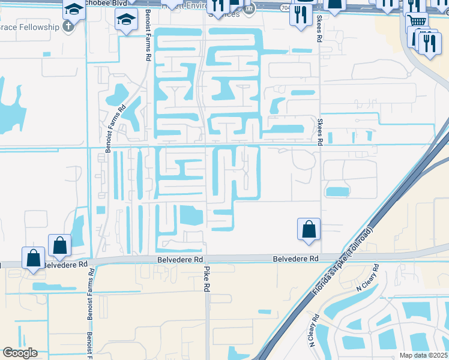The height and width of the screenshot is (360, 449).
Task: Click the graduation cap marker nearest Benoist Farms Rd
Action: (x=125, y=20)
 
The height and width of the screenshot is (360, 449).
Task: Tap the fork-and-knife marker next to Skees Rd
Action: (x=301, y=14)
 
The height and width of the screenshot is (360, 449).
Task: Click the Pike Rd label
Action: (x=206, y=280)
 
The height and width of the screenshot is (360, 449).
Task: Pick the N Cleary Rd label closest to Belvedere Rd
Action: (x=366, y=277)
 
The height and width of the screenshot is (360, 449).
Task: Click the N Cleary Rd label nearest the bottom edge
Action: (x=314, y=329)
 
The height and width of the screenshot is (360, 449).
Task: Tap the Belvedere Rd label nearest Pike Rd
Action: (x=178, y=259)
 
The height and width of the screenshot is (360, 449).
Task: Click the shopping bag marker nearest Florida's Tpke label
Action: (x=309, y=229)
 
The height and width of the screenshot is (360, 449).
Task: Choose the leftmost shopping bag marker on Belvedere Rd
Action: (x=34, y=257)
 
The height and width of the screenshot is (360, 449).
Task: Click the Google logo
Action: (x=20, y=353)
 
